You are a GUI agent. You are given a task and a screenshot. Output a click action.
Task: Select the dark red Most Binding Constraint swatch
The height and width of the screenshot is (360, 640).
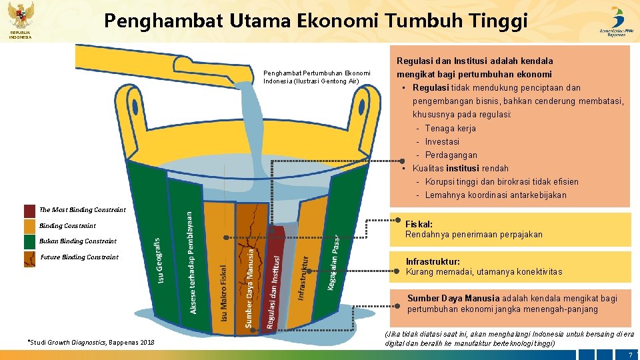(x=29, y=211)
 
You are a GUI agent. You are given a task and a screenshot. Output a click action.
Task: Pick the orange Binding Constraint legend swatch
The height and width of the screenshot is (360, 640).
(x=29, y=226)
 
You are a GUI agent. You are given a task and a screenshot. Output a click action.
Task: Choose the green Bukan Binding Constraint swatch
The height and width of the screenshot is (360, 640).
(x=29, y=241)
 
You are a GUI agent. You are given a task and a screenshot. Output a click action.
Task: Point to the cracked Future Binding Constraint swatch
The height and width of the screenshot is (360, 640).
(x=29, y=258)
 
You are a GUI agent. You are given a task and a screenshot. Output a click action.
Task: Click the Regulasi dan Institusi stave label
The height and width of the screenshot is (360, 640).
(x=274, y=287)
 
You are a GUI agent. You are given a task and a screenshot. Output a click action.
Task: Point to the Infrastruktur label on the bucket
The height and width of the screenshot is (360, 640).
(x=303, y=277)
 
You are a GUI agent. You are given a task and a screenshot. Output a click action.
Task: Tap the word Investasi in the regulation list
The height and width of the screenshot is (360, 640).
(x=442, y=141)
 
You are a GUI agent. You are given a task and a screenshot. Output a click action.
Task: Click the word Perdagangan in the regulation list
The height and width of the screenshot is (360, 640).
(x=451, y=155)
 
